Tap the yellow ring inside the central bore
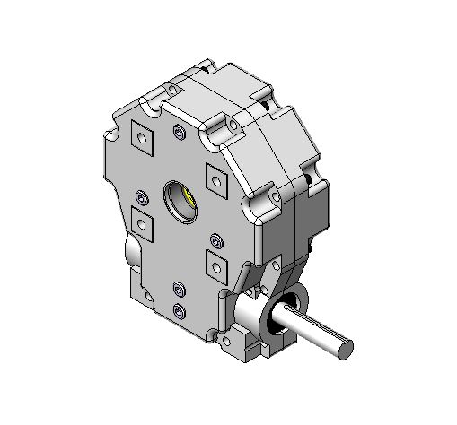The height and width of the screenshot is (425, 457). tap(186, 199)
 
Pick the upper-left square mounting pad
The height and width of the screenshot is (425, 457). tap(142, 136)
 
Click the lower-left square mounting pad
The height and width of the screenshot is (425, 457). tap(142, 220)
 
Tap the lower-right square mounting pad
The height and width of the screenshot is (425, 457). tap(216, 264)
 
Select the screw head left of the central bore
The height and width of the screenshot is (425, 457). tap(141, 195)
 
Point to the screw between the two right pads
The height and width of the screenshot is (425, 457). tap(215, 239)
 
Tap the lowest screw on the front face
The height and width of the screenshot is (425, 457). tap(179, 309)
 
